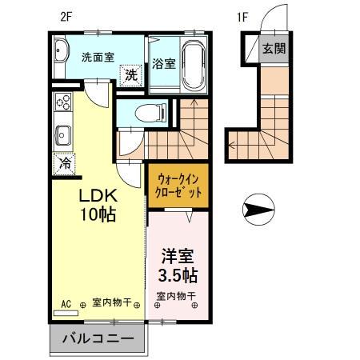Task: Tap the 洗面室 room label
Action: click(98, 57)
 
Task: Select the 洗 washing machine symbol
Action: click(129, 76)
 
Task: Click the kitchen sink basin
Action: click(63, 133)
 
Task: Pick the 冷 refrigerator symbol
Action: click(63, 163)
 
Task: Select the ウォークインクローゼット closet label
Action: click(174, 186)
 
